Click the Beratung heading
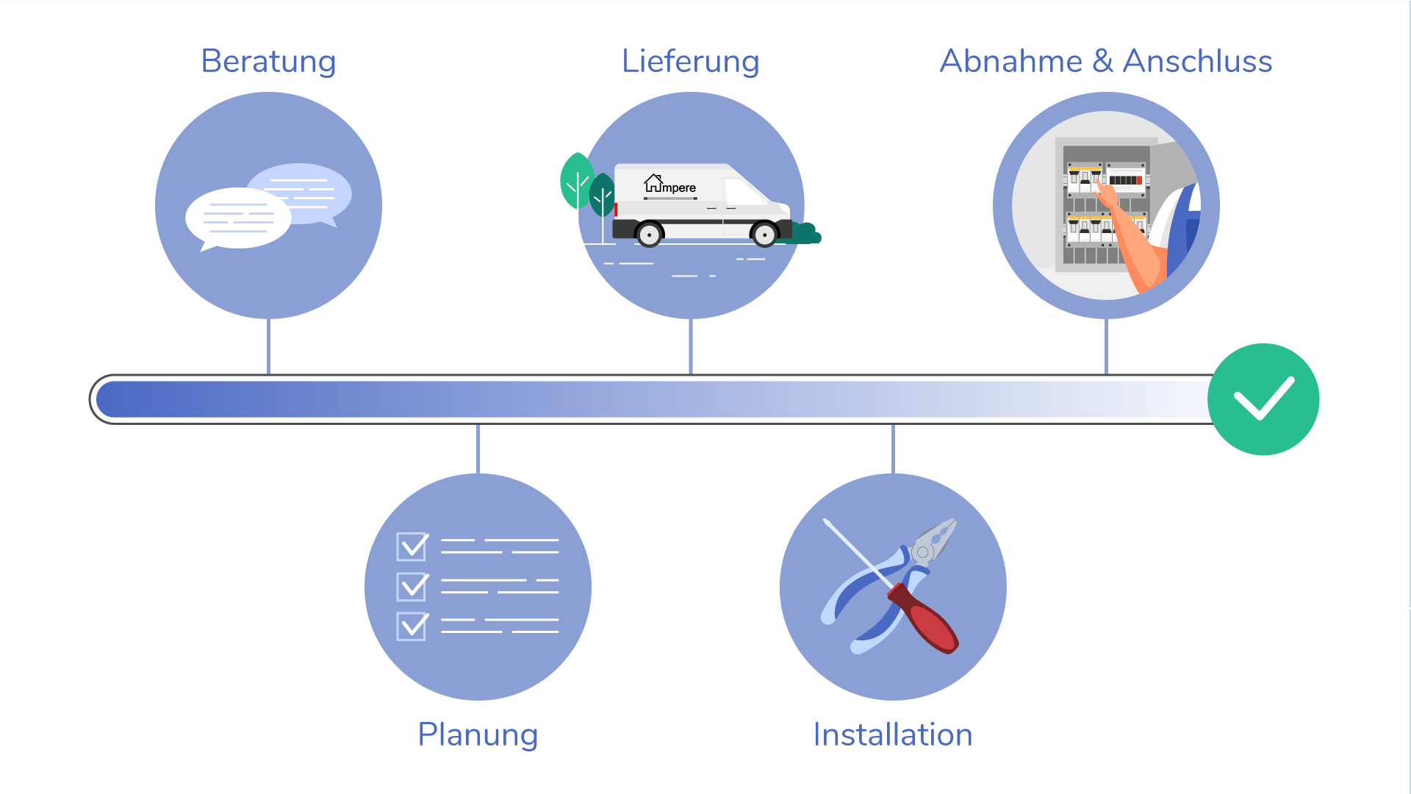pyautogui.click(x=268, y=61)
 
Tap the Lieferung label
pyautogui.click(x=690, y=61)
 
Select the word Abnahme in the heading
pyautogui.click(x=1010, y=61)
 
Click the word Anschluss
pyautogui.click(x=1197, y=61)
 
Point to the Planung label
pyautogui.click(x=478, y=734)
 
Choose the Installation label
pyautogui.click(x=892, y=734)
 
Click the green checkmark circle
pyautogui.click(x=1263, y=399)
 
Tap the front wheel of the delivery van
pyautogui.click(x=764, y=235)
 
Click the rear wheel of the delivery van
pyautogui.click(x=649, y=235)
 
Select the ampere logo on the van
pyautogui.click(x=669, y=185)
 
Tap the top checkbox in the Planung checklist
pyautogui.click(x=412, y=546)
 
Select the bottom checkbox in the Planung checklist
pyautogui.click(x=412, y=626)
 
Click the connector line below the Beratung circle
pyautogui.click(x=269, y=346)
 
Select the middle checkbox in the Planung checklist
pyautogui.click(x=412, y=586)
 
